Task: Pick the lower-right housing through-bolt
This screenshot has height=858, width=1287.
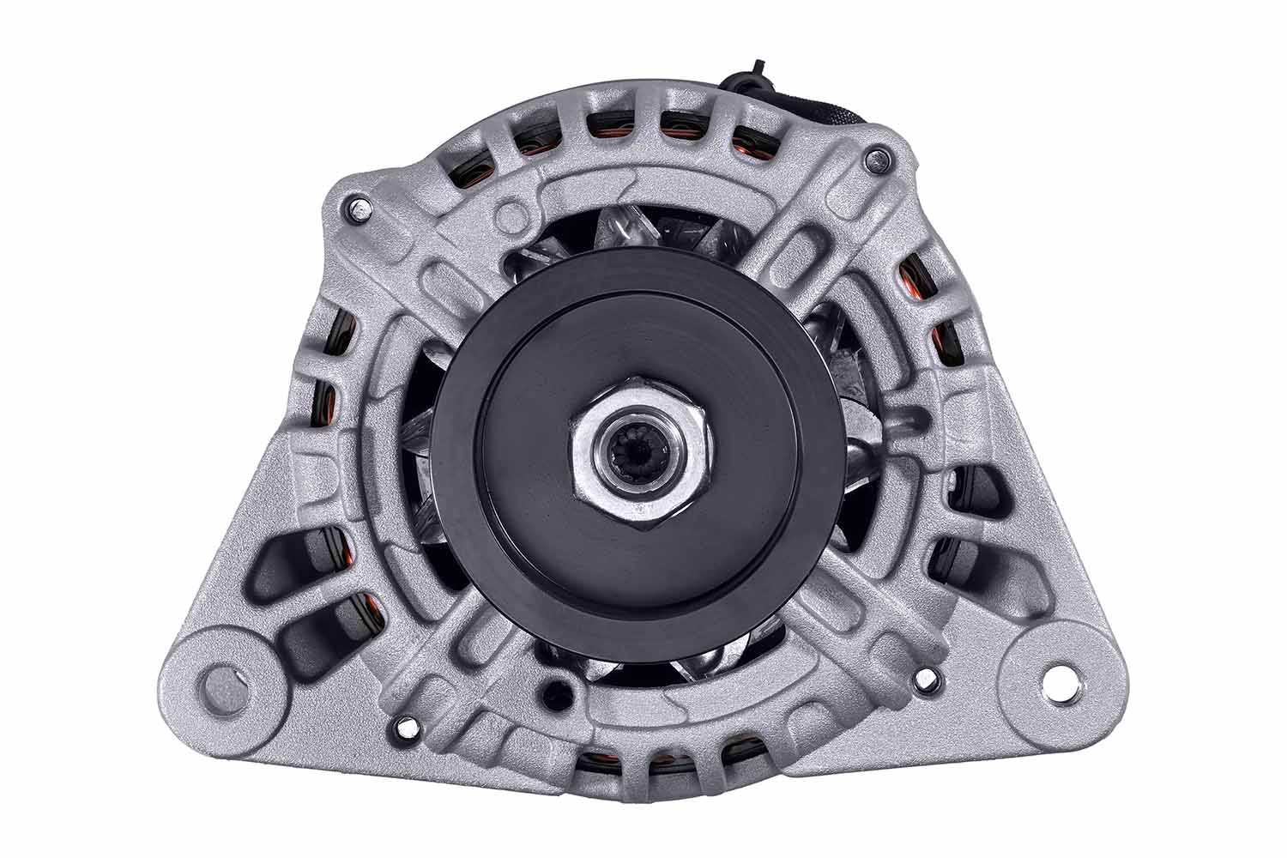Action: click(x=925, y=678)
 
